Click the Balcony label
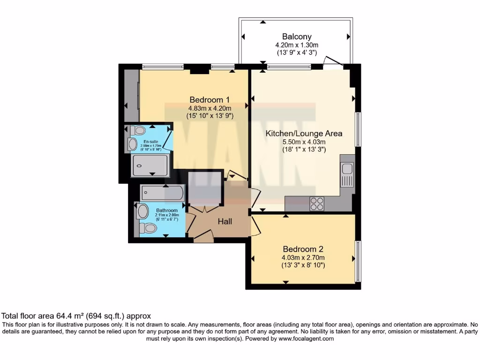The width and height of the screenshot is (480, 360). point(296,36)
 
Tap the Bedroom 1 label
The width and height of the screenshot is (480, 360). point(209,99)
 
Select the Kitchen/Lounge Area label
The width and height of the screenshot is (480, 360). point(304,133)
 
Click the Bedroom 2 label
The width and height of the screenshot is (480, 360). point(303,249)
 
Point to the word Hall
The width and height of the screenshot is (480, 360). point(226,221)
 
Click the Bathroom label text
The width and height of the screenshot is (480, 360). point(166,210)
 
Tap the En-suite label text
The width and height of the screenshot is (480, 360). point(150,141)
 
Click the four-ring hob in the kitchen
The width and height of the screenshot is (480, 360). point(317,204)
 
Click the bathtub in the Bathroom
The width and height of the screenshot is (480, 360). point(163,193)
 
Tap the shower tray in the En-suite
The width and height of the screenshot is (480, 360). point(150,165)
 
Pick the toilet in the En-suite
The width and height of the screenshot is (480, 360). point(138,130)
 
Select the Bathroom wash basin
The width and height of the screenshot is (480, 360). point(143,211)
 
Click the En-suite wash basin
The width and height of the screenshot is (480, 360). point(133,144)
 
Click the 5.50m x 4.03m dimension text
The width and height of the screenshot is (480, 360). point(304,142)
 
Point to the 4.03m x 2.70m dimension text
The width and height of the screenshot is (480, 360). point(303,257)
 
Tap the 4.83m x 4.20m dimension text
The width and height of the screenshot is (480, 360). point(209,108)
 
